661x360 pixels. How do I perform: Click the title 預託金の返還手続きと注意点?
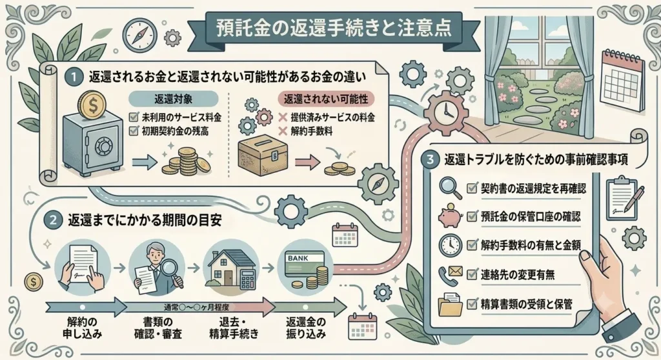(x=334, y=28)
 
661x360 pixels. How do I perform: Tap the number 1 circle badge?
(x=74, y=77)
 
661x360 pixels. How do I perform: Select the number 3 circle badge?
(x=430, y=159)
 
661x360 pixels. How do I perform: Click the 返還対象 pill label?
(x=173, y=99)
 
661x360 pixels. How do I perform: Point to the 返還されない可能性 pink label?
(x=326, y=99)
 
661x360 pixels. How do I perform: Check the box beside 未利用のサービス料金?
(x=134, y=117)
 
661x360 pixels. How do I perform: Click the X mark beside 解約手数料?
(x=283, y=131)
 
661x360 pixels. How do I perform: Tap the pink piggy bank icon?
(x=450, y=216)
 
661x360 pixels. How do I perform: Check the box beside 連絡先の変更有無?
(x=472, y=275)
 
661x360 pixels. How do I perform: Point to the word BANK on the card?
(x=298, y=258)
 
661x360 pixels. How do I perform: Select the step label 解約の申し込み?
(x=82, y=328)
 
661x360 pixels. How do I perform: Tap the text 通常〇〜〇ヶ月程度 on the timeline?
(x=196, y=307)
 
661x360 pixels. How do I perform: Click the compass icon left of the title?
(x=139, y=35)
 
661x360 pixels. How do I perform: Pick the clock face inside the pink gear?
(x=445, y=112)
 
